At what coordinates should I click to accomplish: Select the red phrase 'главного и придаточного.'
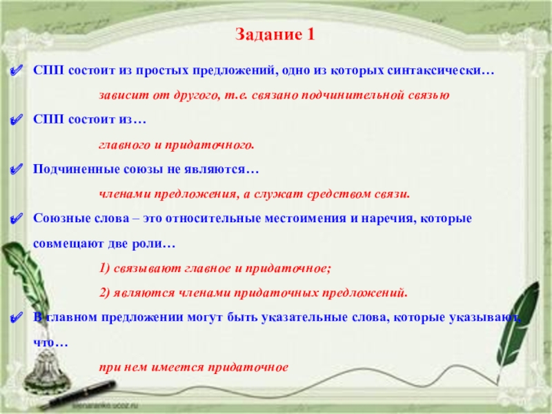click(177, 145)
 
